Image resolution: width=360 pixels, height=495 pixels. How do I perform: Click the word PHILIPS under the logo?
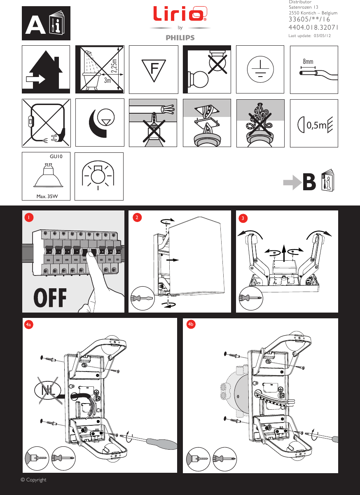[x=180, y=37]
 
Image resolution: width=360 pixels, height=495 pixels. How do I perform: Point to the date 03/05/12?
[x=323, y=36]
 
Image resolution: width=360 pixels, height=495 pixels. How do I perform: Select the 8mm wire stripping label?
[x=308, y=61]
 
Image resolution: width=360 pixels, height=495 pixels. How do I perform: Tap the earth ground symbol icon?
[x=260, y=69]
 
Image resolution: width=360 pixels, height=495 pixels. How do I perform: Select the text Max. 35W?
[x=47, y=196]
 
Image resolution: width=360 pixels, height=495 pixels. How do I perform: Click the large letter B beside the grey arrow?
[x=309, y=182]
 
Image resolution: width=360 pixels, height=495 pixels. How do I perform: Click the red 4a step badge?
[x=28, y=325]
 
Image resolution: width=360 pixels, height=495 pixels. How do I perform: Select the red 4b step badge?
[x=191, y=325]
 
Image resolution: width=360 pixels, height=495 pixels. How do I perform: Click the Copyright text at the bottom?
[x=34, y=480]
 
